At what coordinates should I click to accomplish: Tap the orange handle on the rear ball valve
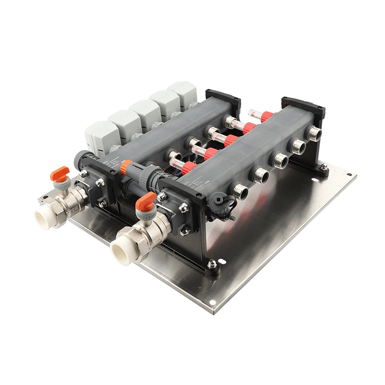60,172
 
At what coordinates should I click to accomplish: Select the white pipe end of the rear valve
46,219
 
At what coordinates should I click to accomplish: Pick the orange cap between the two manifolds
126,167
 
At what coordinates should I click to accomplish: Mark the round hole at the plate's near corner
212,303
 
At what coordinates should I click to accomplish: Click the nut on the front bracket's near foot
212,264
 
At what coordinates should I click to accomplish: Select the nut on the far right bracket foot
324,167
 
